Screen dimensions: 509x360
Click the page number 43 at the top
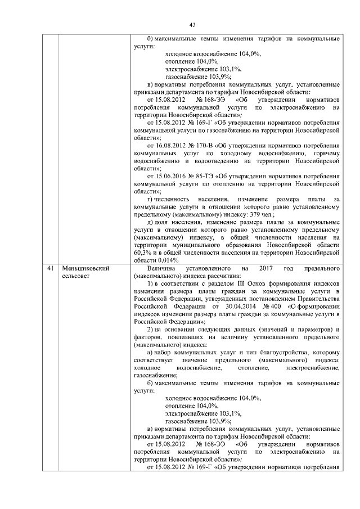point(192,25)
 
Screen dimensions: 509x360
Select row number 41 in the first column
point(51,268)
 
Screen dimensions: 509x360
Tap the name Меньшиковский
point(85,268)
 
